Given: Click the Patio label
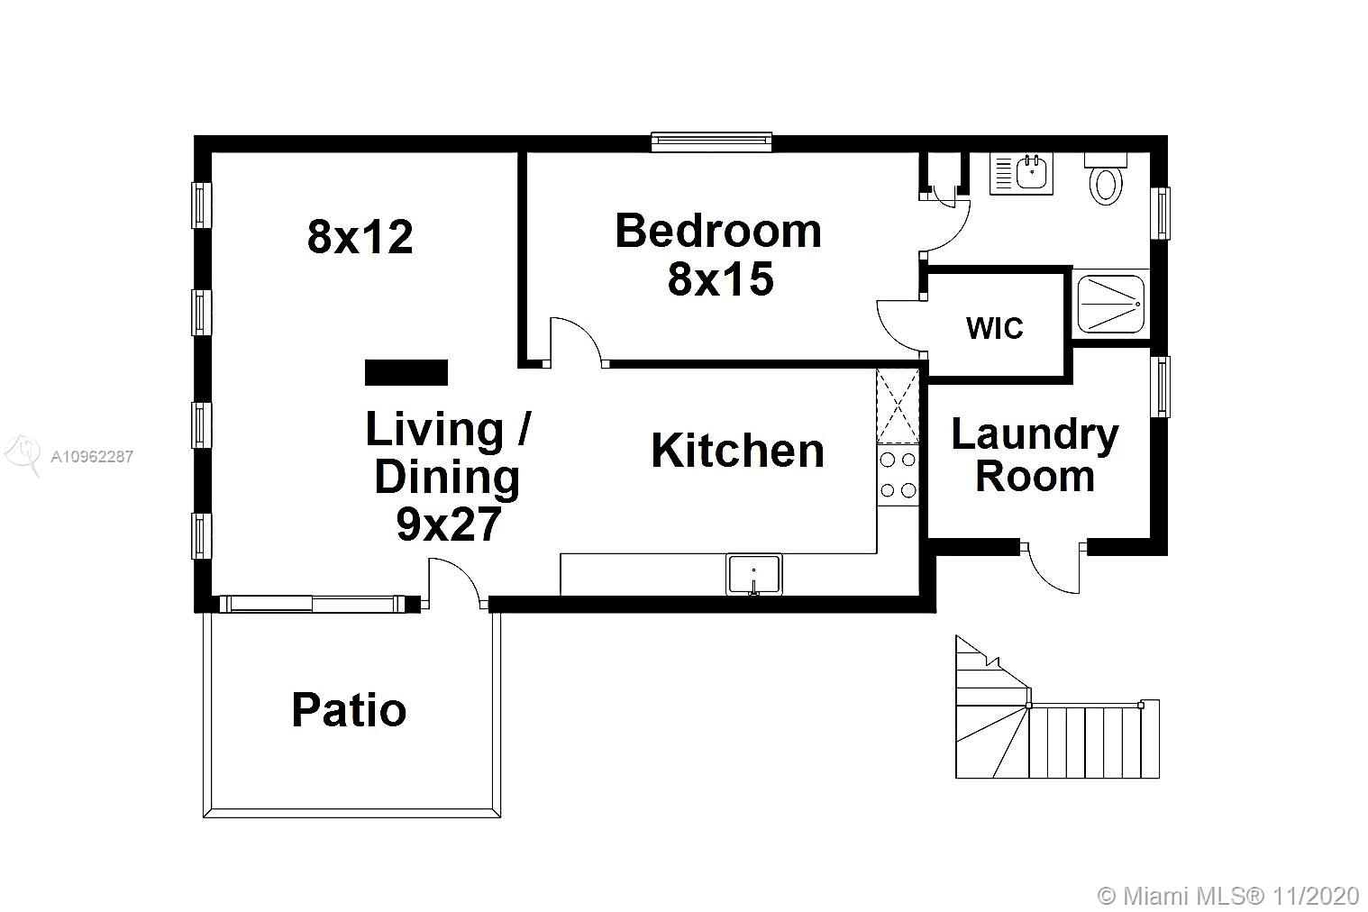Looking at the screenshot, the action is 349,710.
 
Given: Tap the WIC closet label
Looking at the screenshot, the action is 994,328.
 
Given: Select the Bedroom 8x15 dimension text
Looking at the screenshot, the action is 721,278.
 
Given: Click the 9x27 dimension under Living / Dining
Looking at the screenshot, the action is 449,524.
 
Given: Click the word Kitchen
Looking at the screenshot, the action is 738,451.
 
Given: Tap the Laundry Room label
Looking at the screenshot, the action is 1035,455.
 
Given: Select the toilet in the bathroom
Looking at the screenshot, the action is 1106,179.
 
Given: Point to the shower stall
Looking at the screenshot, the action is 1111,304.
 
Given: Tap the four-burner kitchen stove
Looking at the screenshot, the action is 898,475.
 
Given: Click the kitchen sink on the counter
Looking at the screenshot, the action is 754,574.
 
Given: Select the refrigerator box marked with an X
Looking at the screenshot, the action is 898,406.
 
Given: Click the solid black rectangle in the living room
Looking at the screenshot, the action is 406,372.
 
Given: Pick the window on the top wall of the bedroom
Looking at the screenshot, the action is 711,142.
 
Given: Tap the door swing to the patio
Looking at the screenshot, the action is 458,580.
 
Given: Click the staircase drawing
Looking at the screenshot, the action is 1057,707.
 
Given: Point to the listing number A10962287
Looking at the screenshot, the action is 92,457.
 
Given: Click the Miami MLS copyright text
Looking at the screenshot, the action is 1228,896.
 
